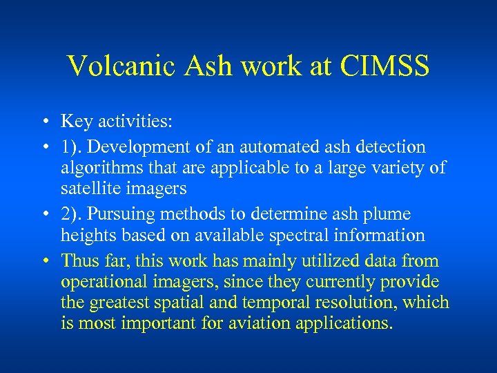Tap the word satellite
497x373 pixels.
point(90,188)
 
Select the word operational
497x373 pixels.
point(103,282)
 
